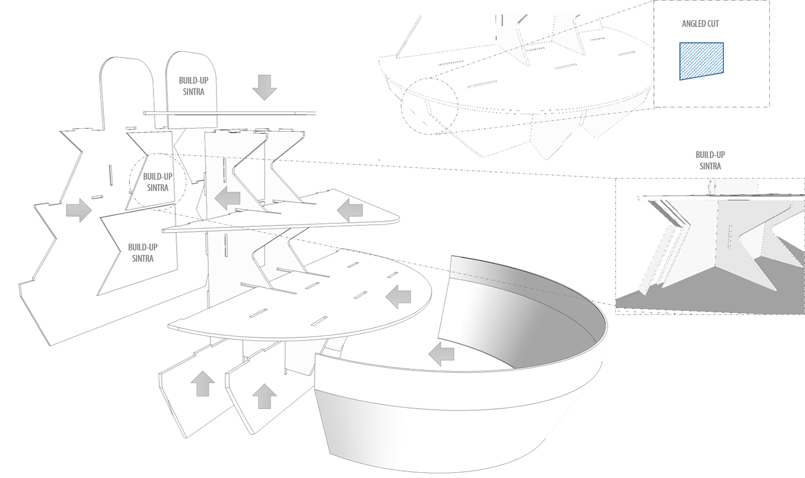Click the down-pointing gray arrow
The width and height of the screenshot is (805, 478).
(x=264, y=88)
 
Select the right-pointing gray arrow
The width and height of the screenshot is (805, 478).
(x=79, y=210)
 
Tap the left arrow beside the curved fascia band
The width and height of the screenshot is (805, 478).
(x=442, y=354)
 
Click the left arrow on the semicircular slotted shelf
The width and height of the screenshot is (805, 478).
(x=398, y=297)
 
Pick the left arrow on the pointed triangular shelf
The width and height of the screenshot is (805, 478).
(x=350, y=211)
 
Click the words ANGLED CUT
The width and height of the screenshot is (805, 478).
(x=700, y=24)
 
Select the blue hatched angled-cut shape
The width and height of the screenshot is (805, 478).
(x=701, y=60)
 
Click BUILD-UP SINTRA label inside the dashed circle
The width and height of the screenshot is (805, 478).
(x=157, y=182)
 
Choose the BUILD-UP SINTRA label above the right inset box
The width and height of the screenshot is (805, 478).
(x=710, y=160)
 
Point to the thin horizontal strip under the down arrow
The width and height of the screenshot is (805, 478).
(x=230, y=113)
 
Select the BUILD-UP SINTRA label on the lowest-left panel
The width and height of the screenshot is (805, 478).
(x=143, y=253)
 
